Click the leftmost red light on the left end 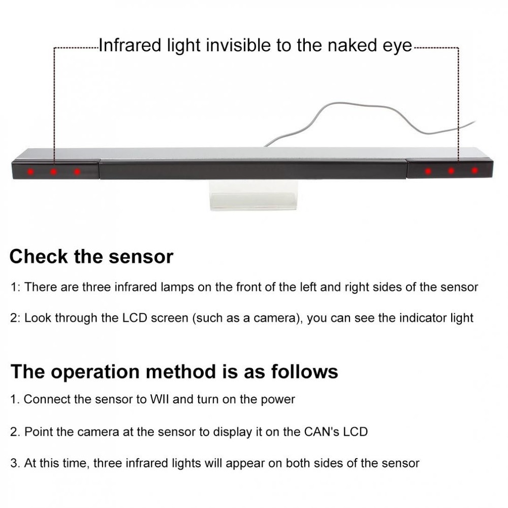click(x=30, y=171)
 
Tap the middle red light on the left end click(x=53, y=172)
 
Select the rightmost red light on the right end click(x=474, y=171)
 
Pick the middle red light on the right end click(x=451, y=171)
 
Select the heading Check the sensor click(x=91, y=257)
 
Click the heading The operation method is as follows click(x=174, y=372)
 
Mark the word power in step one click(x=278, y=400)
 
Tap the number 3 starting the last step click(x=14, y=463)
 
